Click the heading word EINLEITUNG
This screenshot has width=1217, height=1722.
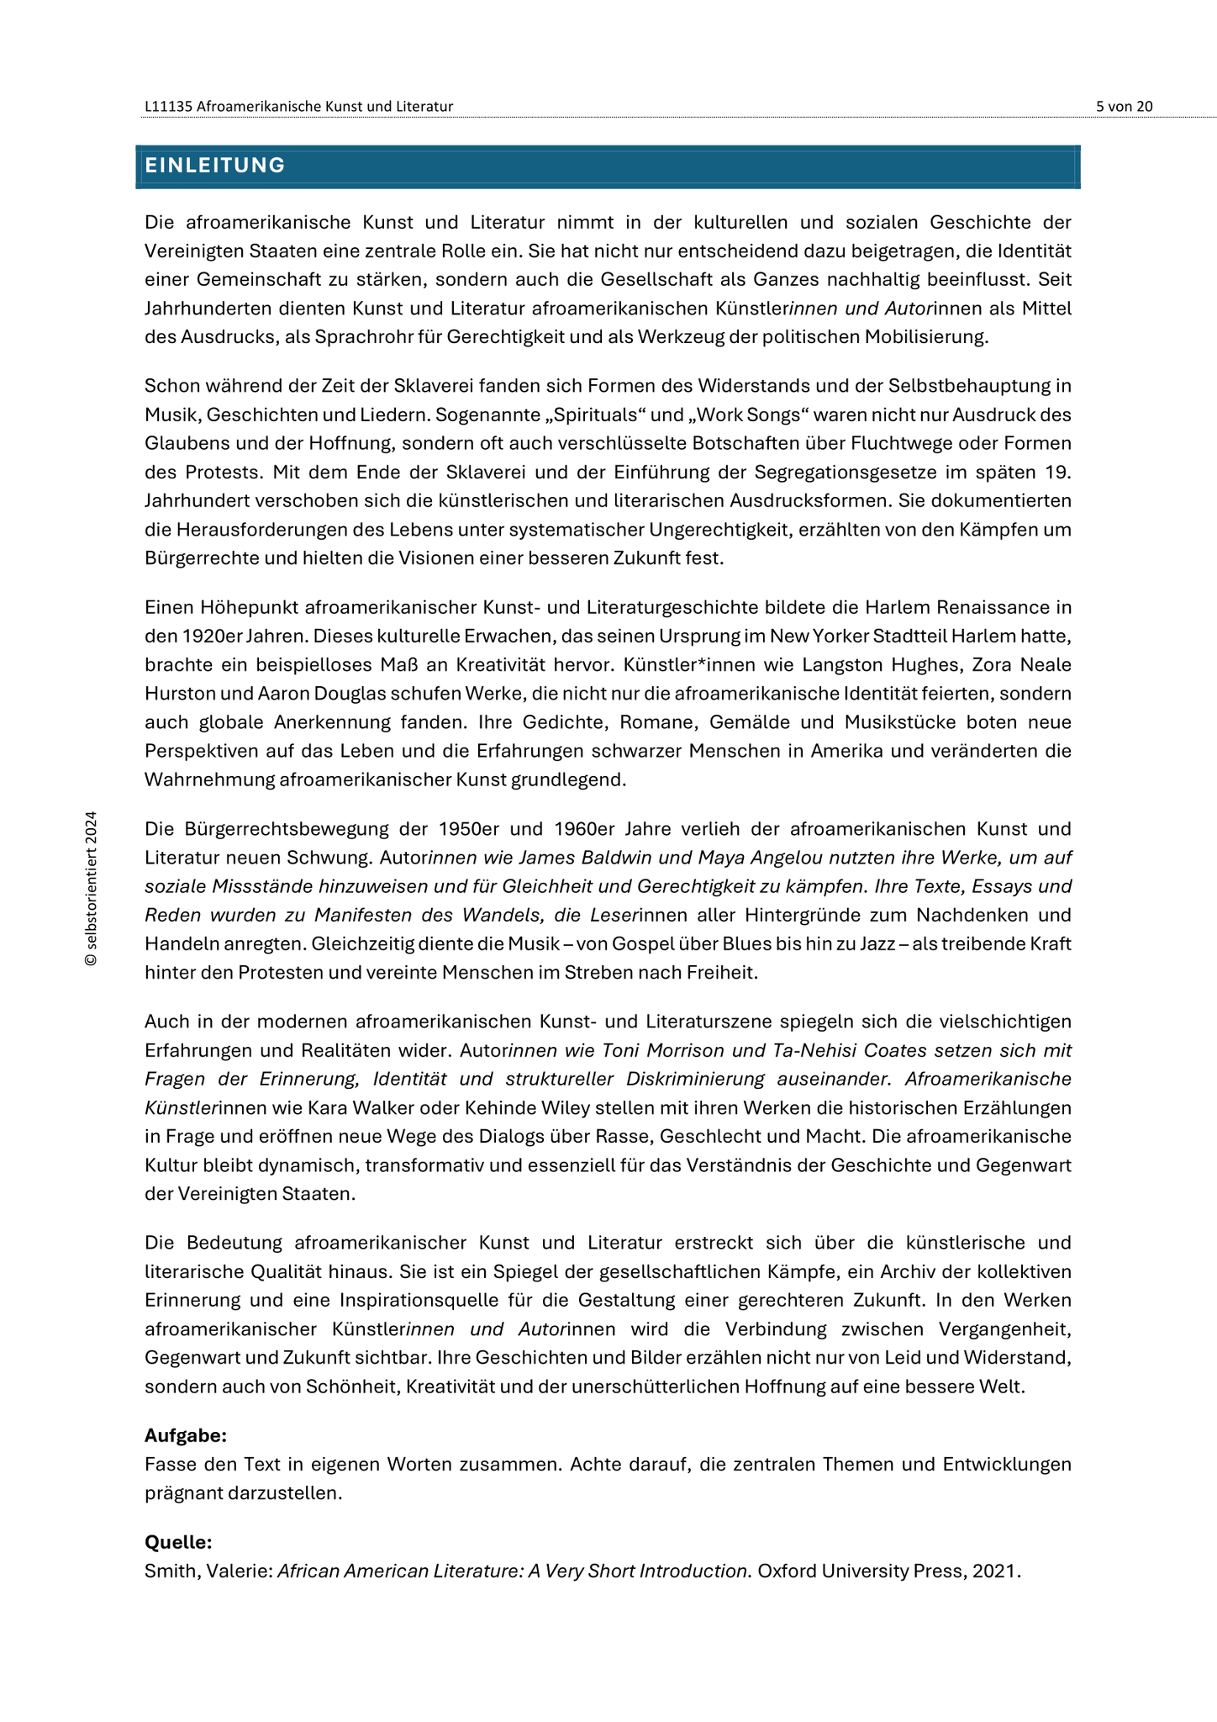pos(215,166)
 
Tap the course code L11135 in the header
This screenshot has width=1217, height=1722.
pos(169,106)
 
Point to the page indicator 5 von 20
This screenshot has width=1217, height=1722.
pos(1124,106)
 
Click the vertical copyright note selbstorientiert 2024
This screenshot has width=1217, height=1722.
pos(91,888)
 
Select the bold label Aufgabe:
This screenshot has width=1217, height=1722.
pos(186,1435)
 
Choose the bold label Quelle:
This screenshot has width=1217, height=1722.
pos(178,1542)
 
